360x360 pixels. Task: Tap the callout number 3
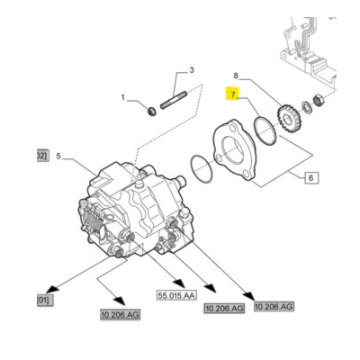click(x=191, y=70)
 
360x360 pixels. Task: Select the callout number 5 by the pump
click(x=59, y=156)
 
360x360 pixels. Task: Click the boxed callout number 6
click(x=311, y=178)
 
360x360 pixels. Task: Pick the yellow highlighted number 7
click(x=232, y=93)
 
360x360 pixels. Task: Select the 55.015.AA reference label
click(x=175, y=294)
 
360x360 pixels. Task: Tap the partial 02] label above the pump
click(x=40, y=156)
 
